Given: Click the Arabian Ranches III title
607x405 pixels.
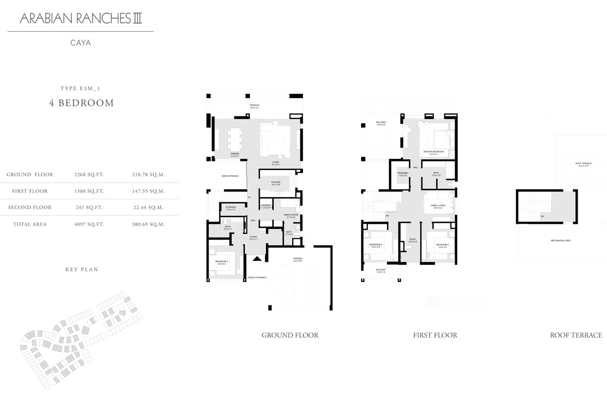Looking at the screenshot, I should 81,19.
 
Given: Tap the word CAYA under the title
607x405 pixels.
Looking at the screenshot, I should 80,43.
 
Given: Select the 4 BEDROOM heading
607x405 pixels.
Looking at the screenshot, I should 81,103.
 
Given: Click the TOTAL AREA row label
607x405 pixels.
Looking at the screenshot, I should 30,224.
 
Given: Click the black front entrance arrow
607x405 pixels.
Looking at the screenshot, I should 257,259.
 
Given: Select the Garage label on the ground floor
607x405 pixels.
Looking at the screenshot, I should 297,259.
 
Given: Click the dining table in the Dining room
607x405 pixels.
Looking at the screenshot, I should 235,138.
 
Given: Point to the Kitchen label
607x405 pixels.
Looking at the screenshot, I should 275,182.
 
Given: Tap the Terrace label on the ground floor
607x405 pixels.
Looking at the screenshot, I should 254,105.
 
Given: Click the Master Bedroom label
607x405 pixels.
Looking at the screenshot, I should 433,152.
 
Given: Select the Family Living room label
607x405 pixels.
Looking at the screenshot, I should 437,206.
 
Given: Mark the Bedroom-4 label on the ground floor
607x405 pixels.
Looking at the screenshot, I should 222,261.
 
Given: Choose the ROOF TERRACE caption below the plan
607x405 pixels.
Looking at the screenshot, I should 576,335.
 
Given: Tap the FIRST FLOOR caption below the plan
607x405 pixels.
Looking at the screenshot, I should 435,335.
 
